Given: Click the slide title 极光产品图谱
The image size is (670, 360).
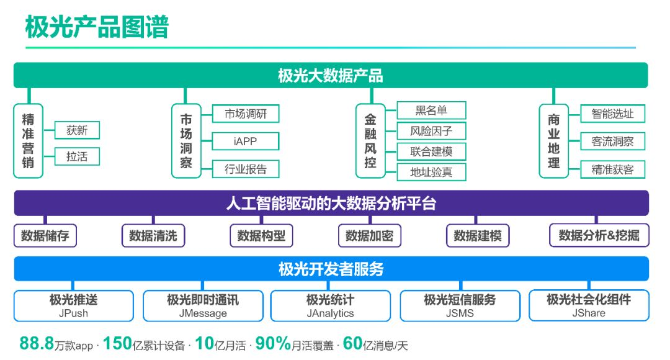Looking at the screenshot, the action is click(x=97, y=27).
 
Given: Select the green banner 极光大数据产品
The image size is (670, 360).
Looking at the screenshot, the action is click(x=331, y=75).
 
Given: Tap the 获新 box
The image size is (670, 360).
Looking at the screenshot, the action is click(x=78, y=130).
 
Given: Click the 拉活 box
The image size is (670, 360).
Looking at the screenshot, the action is click(x=78, y=156).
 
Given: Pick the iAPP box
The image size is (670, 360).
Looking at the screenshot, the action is click(x=246, y=141).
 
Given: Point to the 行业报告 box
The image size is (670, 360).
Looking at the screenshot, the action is click(x=246, y=169).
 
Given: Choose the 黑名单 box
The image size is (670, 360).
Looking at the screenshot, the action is click(x=431, y=110).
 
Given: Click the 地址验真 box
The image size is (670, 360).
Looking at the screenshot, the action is click(x=431, y=172).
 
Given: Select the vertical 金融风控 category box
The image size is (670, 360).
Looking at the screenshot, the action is click(x=370, y=141).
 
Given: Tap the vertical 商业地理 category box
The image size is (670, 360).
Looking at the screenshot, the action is click(x=554, y=141).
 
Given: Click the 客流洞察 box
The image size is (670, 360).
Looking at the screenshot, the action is click(x=612, y=141).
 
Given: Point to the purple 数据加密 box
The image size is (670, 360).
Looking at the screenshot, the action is click(x=370, y=236).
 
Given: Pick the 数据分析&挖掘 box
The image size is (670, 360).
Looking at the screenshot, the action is click(x=599, y=236).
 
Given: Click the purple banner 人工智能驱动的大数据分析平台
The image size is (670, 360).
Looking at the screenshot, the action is click(x=331, y=203).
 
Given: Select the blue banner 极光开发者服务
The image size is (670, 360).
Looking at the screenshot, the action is click(x=331, y=269).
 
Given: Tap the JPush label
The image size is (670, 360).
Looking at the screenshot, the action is click(x=73, y=313).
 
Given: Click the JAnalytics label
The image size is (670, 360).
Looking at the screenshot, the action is click(x=330, y=313).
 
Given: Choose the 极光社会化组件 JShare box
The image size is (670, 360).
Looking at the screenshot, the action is click(x=589, y=305).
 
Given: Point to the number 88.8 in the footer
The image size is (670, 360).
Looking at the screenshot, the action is click(x=37, y=343).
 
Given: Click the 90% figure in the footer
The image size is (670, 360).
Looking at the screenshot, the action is click(x=273, y=343).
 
